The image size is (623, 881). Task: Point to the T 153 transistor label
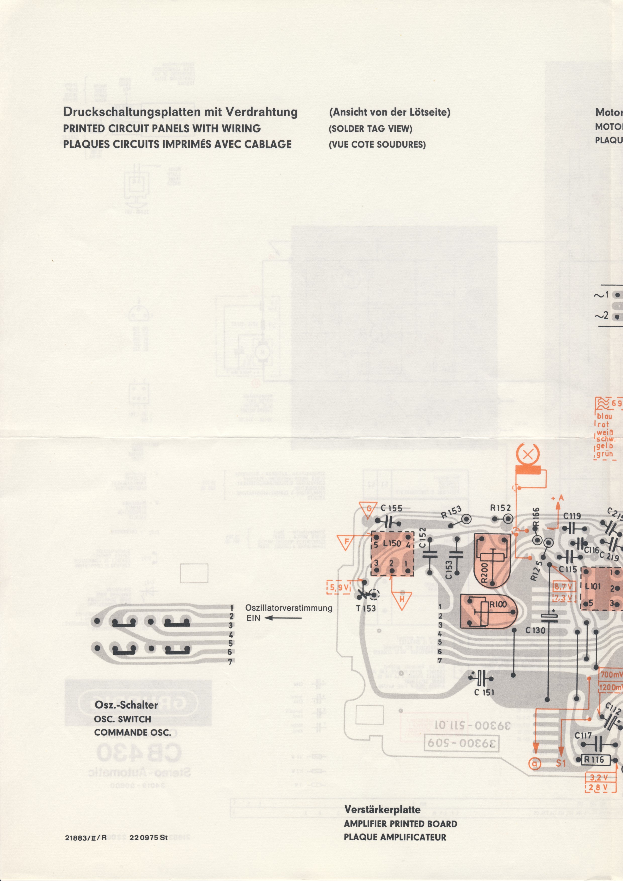pyautogui.click(x=366, y=609)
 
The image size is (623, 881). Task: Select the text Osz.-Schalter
pyautogui.click(x=126, y=705)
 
